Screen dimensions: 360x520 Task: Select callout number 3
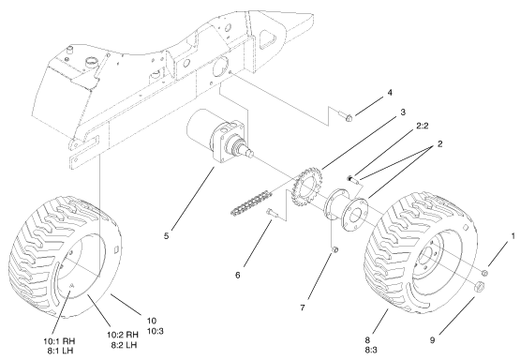tap(373, 112)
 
